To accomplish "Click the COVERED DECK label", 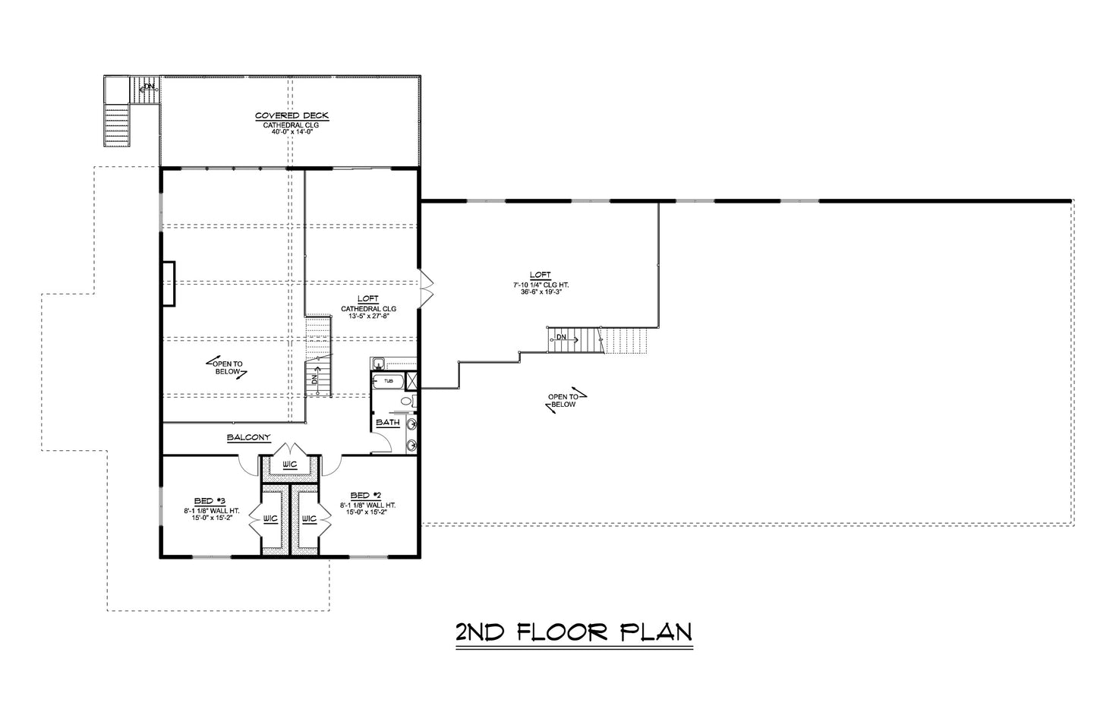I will [292, 115].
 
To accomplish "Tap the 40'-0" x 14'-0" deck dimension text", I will [292, 131].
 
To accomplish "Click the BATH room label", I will [387, 423].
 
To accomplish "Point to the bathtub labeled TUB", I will [388, 380].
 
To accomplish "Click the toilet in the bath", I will [407, 401].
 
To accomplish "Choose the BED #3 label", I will [210, 500].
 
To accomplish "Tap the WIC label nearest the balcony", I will [289, 464].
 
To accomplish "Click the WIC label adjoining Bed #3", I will [270, 519].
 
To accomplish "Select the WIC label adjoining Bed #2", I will [309, 519].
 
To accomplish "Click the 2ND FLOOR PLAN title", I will [573, 632].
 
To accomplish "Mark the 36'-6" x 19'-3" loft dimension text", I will [541, 291].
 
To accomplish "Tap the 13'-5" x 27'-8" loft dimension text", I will [368, 317].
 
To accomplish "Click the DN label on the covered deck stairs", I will [150, 87].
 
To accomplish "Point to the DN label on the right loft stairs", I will [561, 336].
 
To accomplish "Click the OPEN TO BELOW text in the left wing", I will [227, 367].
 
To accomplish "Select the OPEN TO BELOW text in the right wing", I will [564, 400].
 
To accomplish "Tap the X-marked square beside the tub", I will [414, 380].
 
